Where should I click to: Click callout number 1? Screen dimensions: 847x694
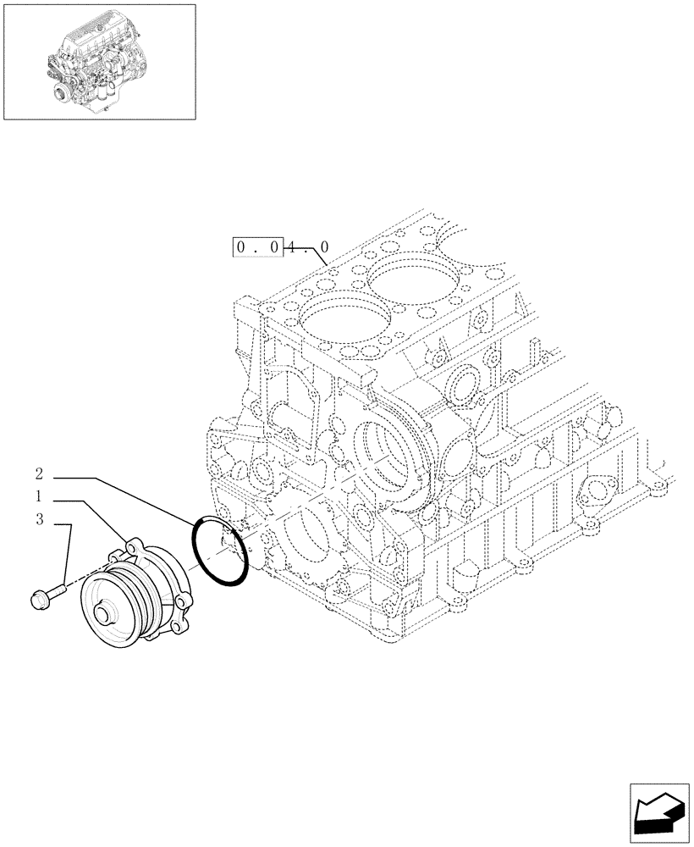tap(39, 495)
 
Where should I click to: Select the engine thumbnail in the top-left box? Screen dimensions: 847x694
tap(99, 61)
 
